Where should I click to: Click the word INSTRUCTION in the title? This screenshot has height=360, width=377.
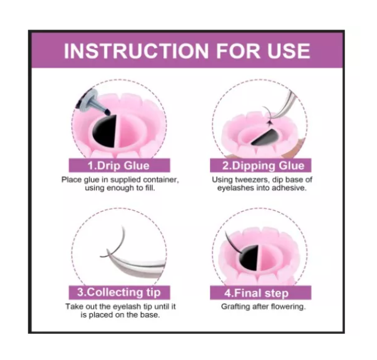136,51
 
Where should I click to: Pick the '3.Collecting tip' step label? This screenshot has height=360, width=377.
119,292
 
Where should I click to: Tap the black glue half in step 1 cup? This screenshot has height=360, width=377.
105,131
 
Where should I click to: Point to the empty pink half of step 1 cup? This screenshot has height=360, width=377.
129,131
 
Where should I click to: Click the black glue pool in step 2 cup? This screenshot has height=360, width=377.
265,138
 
